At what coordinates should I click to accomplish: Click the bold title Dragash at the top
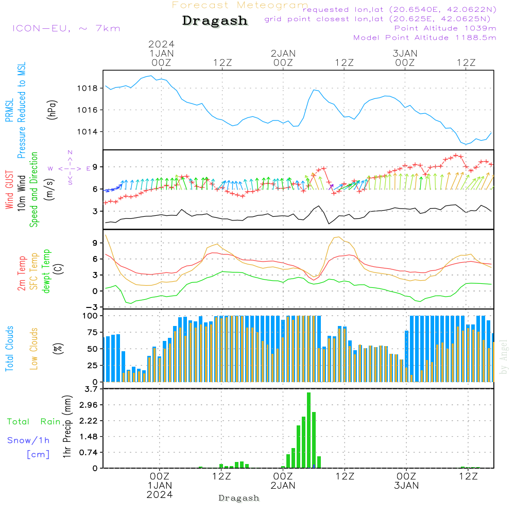215,21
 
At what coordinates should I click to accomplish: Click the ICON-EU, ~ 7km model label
66,28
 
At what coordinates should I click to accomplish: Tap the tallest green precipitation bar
308,430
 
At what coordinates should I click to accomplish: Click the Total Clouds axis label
9,349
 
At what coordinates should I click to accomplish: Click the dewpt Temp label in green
46,271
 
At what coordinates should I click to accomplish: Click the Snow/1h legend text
29,440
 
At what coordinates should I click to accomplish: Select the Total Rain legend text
33,421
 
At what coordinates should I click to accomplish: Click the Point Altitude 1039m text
445,28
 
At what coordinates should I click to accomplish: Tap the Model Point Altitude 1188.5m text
425,38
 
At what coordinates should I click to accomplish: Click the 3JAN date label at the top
405,54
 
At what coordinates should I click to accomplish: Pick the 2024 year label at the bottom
160,495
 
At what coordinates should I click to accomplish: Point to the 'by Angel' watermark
504,357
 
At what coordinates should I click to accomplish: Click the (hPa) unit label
51,110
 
